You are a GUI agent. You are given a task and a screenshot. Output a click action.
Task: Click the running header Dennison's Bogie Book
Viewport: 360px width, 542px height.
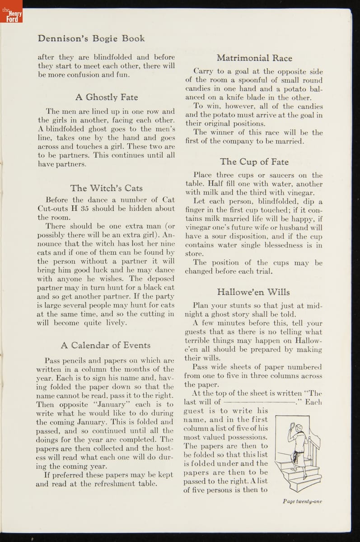pos(91,38)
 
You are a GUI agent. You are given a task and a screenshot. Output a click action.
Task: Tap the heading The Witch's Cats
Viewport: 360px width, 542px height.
pos(106,188)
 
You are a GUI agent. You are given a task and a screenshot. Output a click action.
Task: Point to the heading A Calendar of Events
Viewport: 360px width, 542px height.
pos(106,345)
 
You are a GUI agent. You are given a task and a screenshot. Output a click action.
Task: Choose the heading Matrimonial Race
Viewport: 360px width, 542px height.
pos(254,58)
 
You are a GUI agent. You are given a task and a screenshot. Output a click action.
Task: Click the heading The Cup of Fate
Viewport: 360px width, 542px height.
pos(254,162)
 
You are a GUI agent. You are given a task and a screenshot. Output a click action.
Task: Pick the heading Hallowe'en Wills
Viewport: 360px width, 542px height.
pos(253,292)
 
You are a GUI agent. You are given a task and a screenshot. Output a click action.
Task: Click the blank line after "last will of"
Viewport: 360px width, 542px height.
pos(259,402)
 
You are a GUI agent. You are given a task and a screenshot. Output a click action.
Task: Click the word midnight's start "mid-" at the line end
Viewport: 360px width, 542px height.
pos(314,306)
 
